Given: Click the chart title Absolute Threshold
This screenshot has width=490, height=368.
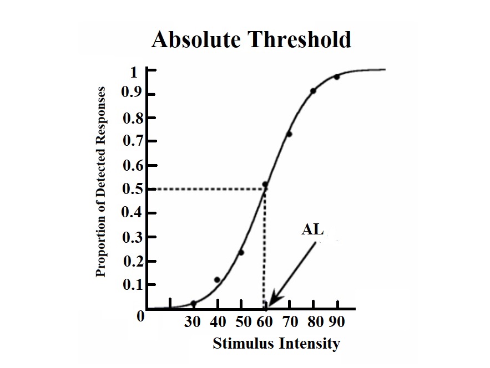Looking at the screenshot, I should point(251,40).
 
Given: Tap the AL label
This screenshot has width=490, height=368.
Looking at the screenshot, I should point(312,229).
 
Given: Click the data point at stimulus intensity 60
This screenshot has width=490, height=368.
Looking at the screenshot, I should point(265,185).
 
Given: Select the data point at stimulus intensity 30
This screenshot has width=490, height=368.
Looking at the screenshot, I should point(194,303).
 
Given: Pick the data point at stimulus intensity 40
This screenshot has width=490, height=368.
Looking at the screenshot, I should point(217,280).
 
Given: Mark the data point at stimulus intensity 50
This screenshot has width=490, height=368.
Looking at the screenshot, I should point(241,253).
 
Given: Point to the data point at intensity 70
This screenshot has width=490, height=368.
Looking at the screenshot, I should point(289,134).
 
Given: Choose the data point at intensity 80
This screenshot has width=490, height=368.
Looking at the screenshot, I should point(313,90).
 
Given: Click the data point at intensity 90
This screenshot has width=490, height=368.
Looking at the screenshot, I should point(337,77).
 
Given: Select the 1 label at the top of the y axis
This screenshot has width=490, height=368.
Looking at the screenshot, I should point(133,73).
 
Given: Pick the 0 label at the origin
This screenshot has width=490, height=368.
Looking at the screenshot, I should point(140,317).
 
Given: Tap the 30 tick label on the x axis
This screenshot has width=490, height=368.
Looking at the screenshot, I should point(193,322).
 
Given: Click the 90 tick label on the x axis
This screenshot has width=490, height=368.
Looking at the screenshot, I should point(337,322).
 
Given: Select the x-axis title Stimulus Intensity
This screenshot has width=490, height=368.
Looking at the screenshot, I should point(276,344).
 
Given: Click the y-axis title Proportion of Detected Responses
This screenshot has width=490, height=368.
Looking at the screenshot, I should point(101,182).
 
